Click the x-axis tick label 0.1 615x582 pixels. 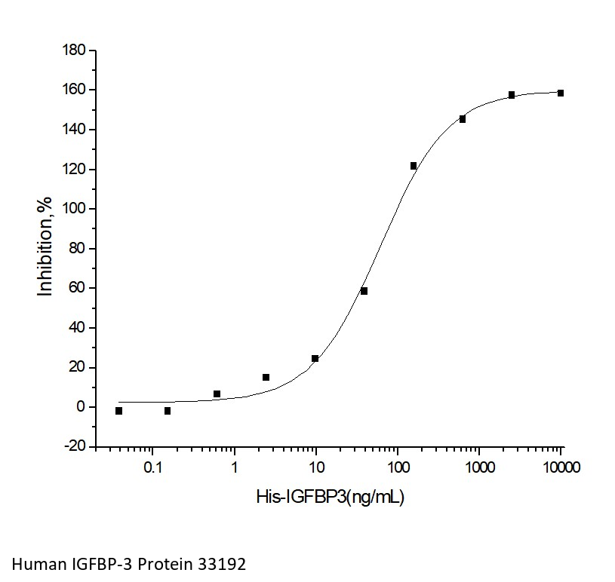click(x=152, y=467)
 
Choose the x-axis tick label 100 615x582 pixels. click(x=398, y=467)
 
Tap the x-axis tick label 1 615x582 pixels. click(x=235, y=467)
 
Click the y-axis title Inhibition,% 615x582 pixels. click(x=46, y=248)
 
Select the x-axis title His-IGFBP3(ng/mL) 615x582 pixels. click(x=331, y=497)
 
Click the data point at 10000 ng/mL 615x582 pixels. click(x=561, y=93)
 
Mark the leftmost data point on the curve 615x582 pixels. click(x=118, y=411)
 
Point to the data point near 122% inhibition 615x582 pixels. click(x=414, y=166)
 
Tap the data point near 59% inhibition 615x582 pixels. click(x=364, y=291)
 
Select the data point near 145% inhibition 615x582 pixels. click(x=463, y=119)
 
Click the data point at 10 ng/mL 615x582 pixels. click(x=315, y=359)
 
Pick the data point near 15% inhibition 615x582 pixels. click(x=266, y=377)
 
